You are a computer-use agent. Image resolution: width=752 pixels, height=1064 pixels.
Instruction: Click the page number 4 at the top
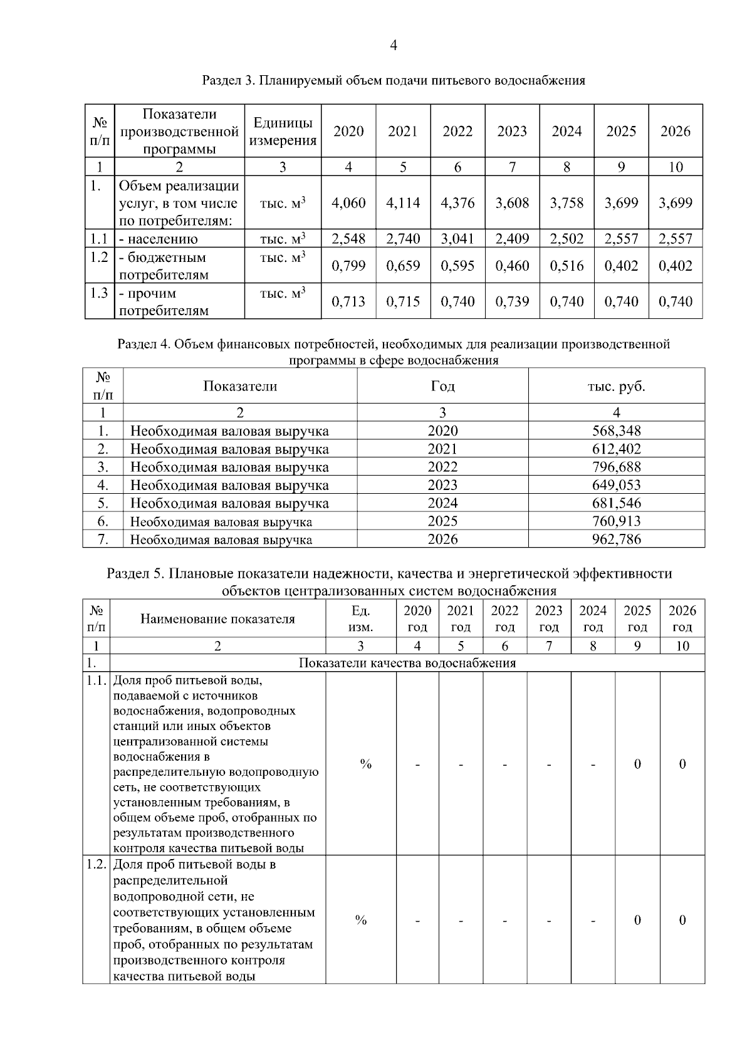coord(394,45)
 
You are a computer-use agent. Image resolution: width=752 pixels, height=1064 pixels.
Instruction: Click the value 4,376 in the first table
coord(457,203)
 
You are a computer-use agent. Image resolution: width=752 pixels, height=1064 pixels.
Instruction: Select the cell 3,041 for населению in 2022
coord(457,239)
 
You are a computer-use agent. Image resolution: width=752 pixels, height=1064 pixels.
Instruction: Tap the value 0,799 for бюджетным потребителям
coord(348,266)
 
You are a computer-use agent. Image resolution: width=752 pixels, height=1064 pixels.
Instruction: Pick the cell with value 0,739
coord(512,301)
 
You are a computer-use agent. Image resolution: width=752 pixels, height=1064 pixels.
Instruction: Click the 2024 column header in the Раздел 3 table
coord(567,132)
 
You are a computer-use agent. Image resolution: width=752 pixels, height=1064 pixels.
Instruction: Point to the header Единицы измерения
coord(283,132)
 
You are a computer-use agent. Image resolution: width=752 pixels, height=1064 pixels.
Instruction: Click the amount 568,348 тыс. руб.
coord(616,431)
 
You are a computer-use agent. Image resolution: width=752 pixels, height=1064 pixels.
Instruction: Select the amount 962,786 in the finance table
coord(616,540)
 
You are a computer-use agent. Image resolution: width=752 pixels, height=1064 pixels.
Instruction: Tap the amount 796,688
coord(616,467)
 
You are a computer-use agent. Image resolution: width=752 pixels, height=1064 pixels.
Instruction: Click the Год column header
coord(442,386)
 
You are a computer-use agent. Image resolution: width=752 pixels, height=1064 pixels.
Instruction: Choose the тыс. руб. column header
coord(616,386)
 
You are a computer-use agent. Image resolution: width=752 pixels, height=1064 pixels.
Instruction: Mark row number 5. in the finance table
coord(103,503)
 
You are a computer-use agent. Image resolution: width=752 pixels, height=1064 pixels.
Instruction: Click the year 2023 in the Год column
coord(442,485)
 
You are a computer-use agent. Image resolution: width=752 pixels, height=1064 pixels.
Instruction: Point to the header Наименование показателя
coord(217,619)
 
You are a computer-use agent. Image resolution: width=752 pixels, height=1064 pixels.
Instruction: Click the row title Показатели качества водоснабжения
coord(407,663)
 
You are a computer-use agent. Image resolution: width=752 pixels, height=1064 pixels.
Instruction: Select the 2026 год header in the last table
coord(682,619)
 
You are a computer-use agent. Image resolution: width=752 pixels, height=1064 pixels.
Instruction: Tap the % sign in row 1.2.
coord(361,920)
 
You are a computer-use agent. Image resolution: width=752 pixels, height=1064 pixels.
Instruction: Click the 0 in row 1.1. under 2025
coord(637,764)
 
